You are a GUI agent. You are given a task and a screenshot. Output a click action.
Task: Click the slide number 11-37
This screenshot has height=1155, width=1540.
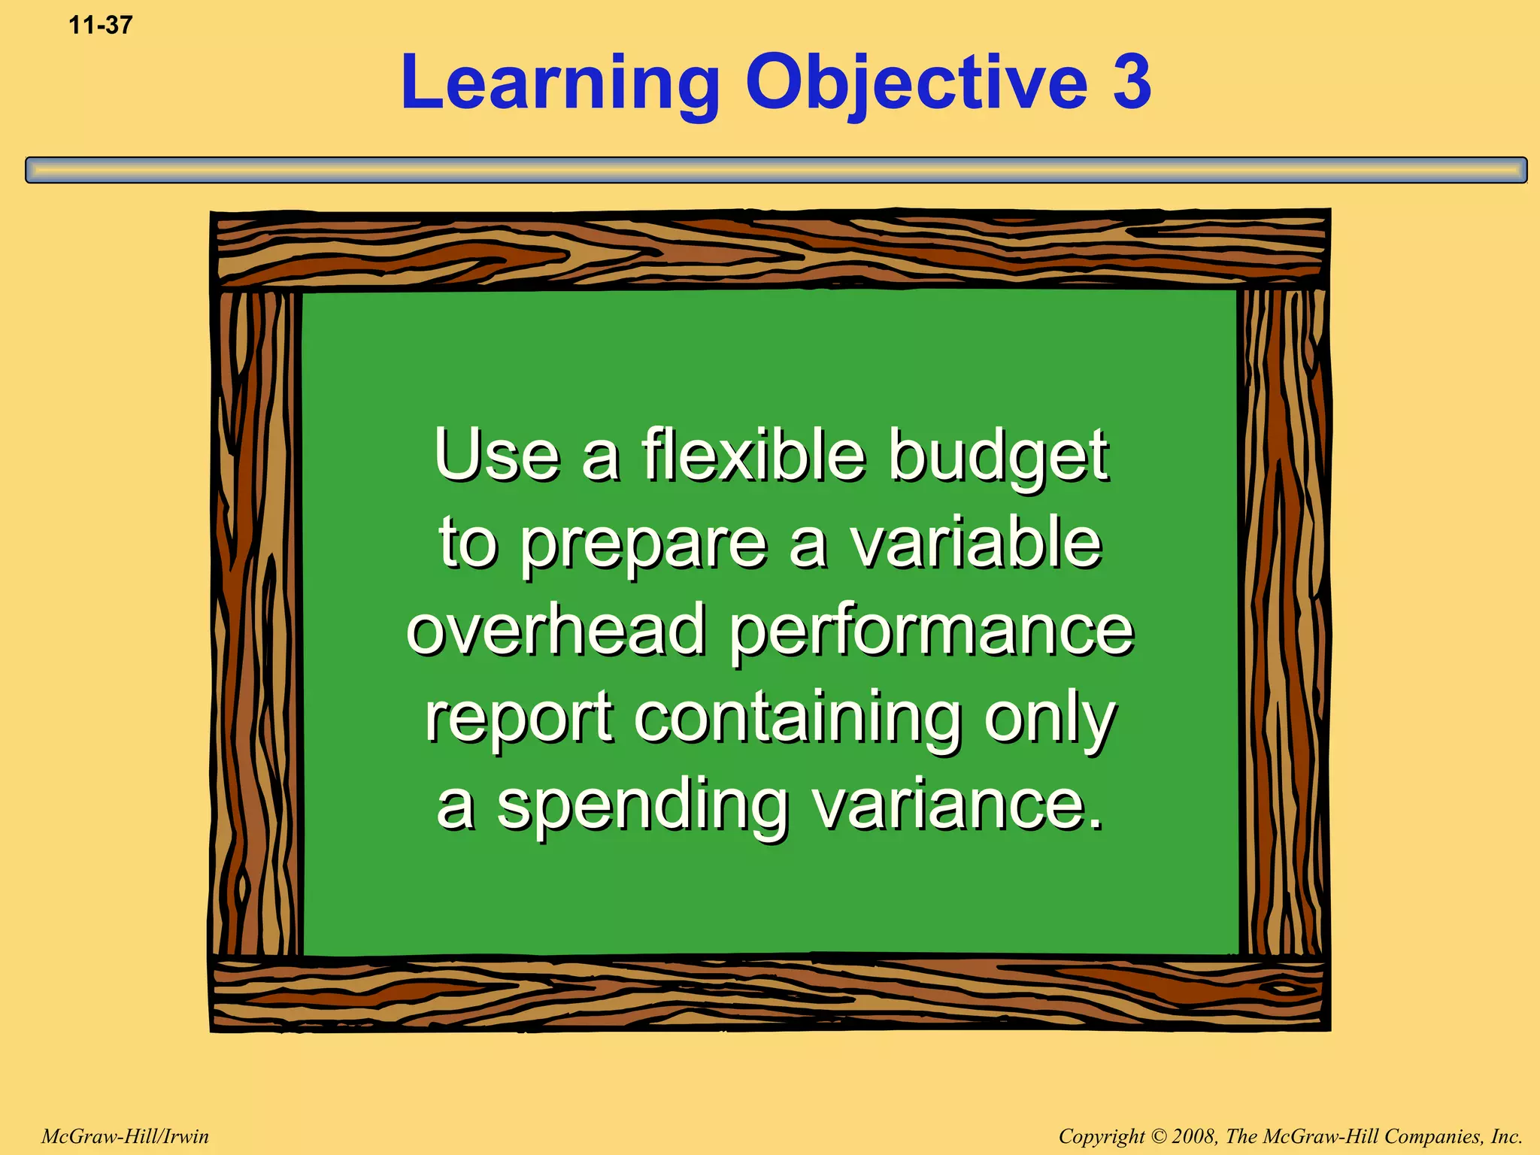pos(101,26)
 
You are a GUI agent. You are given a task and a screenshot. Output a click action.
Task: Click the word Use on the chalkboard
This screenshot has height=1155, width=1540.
pos(497,455)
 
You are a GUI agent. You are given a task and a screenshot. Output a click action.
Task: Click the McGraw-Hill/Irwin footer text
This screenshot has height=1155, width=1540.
pos(125,1136)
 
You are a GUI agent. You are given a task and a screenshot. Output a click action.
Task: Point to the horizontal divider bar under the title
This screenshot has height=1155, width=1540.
pos(776,170)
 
